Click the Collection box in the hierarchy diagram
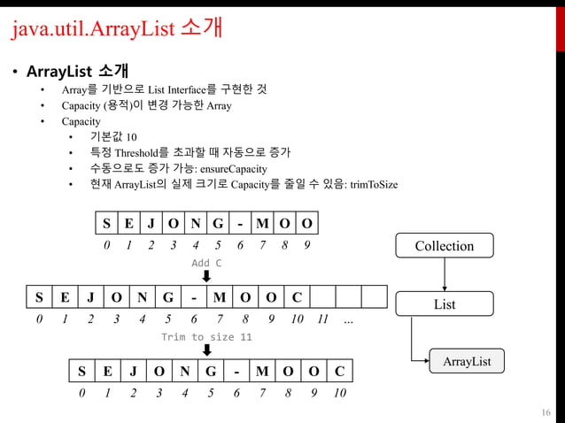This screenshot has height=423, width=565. [x=445, y=246]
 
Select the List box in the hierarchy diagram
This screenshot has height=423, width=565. [x=445, y=305]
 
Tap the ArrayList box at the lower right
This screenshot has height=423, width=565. [x=467, y=361]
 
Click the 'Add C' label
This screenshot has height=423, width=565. [x=206, y=264]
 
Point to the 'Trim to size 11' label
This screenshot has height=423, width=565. [x=206, y=337]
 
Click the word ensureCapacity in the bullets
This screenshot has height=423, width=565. [x=235, y=167]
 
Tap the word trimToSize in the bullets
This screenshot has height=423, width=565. [x=373, y=184]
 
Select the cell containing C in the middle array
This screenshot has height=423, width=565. [x=297, y=296]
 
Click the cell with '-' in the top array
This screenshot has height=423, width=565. [x=240, y=222]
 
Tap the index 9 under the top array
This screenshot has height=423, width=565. [x=307, y=245]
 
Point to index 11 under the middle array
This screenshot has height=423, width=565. [x=323, y=319]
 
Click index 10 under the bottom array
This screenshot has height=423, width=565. [x=339, y=394]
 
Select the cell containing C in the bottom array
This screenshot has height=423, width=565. [x=339, y=370]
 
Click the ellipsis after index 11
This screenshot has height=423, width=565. [x=347, y=319]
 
